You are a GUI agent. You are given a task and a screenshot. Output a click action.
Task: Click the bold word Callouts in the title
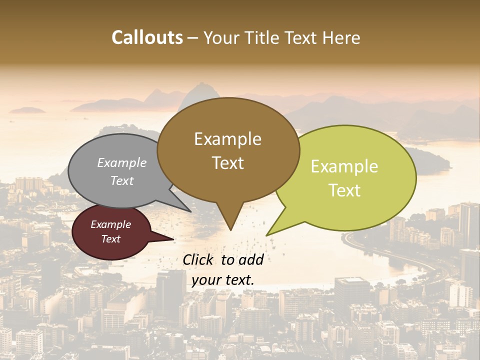[x=147, y=37]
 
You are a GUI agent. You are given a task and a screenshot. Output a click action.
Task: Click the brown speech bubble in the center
[x=228, y=150]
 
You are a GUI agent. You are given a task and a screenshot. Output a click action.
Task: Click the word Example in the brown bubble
[x=227, y=138]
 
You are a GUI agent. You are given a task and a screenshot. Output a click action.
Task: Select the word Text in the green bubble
[x=345, y=190]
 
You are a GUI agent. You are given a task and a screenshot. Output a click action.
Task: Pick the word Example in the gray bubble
[x=121, y=162]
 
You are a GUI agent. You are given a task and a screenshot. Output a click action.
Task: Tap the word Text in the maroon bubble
[x=111, y=239]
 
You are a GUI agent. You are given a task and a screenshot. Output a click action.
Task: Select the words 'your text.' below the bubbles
[x=222, y=280]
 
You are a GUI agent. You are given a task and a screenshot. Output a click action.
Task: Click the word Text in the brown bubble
[x=228, y=163]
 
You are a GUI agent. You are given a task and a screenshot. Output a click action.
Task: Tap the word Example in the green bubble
[x=344, y=166]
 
